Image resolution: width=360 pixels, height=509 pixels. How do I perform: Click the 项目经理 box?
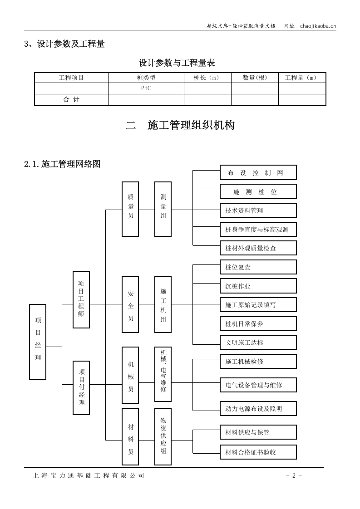[x=38, y=342]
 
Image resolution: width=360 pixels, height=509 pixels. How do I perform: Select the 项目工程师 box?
[x=81, y=299]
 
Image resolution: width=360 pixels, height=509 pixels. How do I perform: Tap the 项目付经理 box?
[x=81, y=387]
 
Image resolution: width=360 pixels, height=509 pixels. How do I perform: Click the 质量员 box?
[x=130, y=209]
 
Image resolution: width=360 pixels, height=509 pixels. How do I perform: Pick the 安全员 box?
[x=130, y=304]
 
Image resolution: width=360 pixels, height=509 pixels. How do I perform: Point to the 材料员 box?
[x=130, y=436]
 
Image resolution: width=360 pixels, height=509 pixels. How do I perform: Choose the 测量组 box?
[x=163, y=209]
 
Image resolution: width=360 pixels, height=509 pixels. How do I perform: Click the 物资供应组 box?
[x=163, y=436]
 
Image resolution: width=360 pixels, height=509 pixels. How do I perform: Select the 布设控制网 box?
[x=258, y=172]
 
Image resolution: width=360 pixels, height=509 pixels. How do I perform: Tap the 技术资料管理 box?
[x=258, y=210]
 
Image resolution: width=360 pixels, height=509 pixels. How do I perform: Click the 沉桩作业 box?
[x=258, y=286]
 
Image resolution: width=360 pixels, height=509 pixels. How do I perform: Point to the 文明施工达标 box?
[x=258, y=343]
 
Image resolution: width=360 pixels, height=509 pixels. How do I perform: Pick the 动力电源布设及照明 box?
[x=258, y=408]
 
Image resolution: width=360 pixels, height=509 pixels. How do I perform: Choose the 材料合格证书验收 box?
[x=258, y=452]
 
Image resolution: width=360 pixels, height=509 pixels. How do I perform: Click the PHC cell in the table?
[x=146, y=88]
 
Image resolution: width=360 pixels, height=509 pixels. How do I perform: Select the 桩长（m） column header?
[x=207, y=78]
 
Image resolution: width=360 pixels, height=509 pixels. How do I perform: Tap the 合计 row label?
[x=71, y=99]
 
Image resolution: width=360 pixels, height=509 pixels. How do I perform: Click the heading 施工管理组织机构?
[x=191, y=126]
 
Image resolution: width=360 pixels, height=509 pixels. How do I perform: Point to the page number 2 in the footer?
[x=294, y=475]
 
